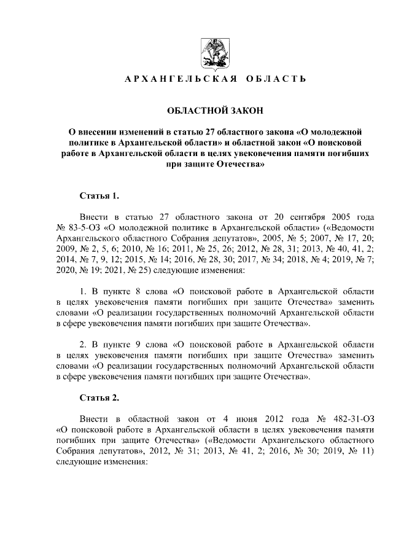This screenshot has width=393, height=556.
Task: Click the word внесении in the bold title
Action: coord(101,131)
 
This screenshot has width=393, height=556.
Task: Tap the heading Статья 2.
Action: coord(99,397)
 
